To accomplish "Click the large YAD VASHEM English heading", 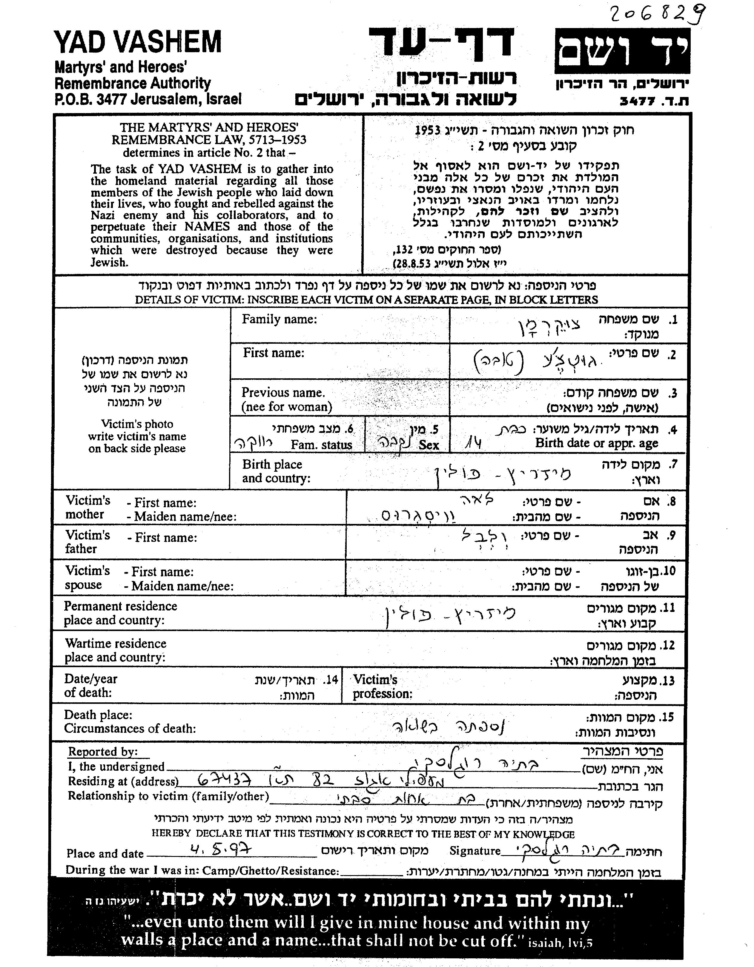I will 137,42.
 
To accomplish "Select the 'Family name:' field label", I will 279,319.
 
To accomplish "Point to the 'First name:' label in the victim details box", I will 273,353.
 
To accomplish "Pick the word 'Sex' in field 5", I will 429,445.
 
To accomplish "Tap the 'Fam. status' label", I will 321,445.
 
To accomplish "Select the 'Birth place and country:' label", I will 276,471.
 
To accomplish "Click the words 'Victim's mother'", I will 87,508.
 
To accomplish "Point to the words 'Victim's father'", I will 87,542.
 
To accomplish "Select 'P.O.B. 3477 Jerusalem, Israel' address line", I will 148,99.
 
